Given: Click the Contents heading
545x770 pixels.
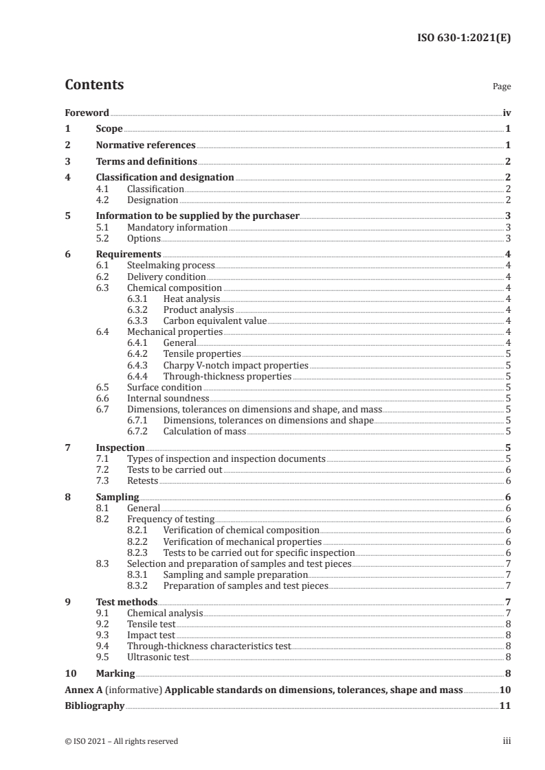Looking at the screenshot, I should click(x=94, y=85).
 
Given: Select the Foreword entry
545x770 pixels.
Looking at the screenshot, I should click(x=87, y=113).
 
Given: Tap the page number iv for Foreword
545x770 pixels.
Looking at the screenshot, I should click(x=506, y=113).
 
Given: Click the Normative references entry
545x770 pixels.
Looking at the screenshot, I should click(x=146, y=145).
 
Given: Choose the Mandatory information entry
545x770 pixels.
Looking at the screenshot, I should click(x=177, y=227).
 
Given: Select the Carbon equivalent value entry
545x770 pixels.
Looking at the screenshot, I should click(x=214, y=320).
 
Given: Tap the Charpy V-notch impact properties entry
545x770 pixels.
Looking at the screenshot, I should click(x=236, y=365).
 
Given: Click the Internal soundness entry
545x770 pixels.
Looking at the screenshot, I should click(x=168, y=398).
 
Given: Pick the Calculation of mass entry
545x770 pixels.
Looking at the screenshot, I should click(x=204, y=431).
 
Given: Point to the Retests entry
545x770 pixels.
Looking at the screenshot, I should click(x=142, y=480).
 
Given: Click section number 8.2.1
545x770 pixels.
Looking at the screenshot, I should click(x=140, y=530).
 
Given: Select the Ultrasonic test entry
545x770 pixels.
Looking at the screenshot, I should click(x=157, y=657).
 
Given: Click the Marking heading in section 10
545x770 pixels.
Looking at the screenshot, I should click(x=115, y=673).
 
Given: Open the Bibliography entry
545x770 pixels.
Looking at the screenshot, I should click(x=95, y=705).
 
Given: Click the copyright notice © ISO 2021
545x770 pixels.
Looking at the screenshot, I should click(x=121, y=741).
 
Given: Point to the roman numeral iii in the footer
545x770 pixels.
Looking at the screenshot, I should click(x=507, y=741).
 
